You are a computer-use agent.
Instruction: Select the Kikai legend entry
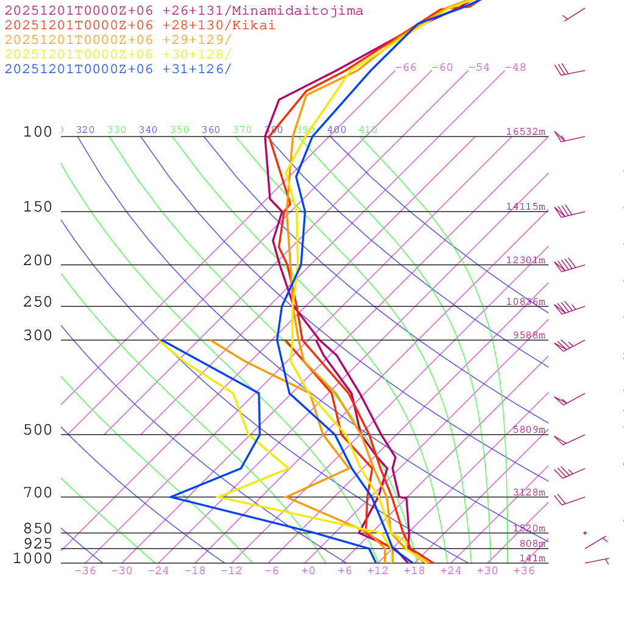pyautogui.click(x=140, y=26)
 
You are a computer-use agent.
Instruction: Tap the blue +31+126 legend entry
pyautogui.click(x=118, y=69)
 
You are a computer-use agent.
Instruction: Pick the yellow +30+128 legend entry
pyautogui.click(x=118, y=55)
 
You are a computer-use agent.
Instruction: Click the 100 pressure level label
pyautogui.click(x=38, y=132)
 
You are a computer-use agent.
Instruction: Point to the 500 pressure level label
pyautogui.click(x=38, y=430)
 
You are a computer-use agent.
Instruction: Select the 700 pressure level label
pyautogui.click(x=38, y=493)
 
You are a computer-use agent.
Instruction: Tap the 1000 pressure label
pyautogui.click(x=32, y=559)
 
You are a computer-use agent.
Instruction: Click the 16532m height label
pyautogui.click(x=525, y=132)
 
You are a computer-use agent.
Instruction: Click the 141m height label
pyautogui.click(x=532, y=559)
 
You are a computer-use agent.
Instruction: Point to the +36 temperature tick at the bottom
pyautogui.click(x=524, y=571)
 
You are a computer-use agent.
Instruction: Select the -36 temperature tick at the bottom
pyautogui.click(x=85, y=571)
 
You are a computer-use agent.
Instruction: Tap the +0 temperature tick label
pyautogui.click(x=308, y=571)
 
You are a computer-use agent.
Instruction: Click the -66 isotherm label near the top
pyautogui.click(x=405, y=68)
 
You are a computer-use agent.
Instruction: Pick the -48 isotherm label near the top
pyautogui.click(x=515, y=68)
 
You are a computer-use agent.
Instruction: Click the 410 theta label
pyautogui.click(x=368, y=130)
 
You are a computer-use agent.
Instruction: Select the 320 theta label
pyautogui.click(x=85, y=130)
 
